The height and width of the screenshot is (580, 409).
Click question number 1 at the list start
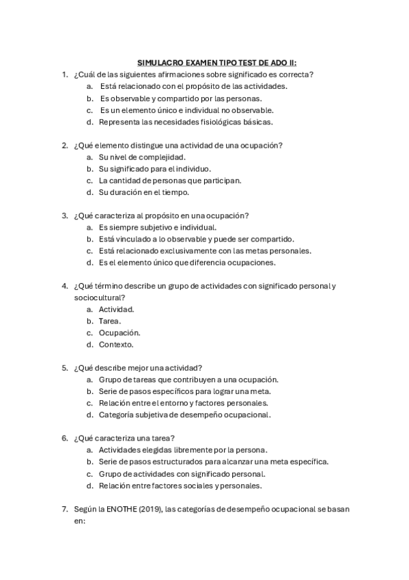pos(64,74)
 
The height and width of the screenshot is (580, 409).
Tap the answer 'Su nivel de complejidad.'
pos(142,157)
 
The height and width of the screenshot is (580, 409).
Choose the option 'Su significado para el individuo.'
pos(155,168)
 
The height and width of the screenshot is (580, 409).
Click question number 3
pos(64,215)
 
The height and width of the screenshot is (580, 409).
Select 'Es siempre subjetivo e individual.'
pos(158,227)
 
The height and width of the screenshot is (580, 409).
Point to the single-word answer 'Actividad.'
pos(116,309)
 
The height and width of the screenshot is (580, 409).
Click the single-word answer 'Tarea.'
pos(110,321)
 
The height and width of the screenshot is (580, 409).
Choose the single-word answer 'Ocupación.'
pos(119,332)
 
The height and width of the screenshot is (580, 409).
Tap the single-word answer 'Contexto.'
pos(116,344)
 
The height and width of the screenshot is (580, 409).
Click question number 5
pos(64,367)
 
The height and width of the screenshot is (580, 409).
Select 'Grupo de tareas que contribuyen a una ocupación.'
pos(188,379)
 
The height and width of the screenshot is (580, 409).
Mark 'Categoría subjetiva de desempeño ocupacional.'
pos(184,414)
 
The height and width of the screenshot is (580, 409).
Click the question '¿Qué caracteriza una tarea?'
pos(125,438)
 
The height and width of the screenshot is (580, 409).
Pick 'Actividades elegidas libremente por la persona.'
pos(183,449)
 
